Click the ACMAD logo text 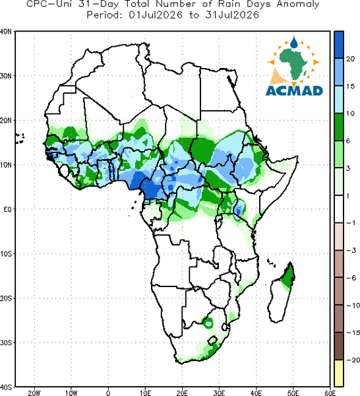294,90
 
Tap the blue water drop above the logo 294,42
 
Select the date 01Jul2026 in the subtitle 156,15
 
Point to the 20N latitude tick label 5,120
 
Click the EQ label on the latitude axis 7,209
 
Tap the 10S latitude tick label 5,254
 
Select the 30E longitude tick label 219,393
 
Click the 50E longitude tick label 293,393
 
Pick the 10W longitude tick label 71,393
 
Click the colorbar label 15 350,86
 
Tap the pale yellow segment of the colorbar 339,373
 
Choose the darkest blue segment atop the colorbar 339,45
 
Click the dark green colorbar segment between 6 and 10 339,127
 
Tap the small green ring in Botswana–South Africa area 208,323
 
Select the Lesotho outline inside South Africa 212,340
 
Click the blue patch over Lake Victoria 239,208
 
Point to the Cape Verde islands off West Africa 19,139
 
